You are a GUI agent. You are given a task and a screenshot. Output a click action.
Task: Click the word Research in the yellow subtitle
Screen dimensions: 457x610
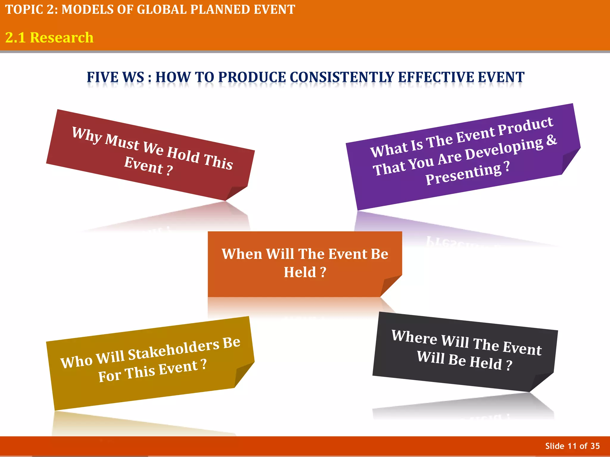pyautogui.click(x=62, y=38)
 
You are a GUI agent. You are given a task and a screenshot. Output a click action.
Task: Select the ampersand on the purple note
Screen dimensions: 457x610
pyautogui.click(x=551, y=140)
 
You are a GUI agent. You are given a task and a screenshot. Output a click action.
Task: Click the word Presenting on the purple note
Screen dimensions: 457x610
pyautogui.click(x=463, y=175)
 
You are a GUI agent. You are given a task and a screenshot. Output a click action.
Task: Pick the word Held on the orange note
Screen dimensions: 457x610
pyautogui.click(x=300, y=272)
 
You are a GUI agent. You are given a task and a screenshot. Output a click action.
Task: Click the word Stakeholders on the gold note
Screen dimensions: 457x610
pyautogui.click(x=174, y=350)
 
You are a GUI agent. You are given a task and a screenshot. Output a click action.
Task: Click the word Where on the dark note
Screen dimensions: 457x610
pyautogui.click(x=414, y=337)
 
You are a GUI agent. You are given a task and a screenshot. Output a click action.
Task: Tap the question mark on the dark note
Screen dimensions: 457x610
pyautogui.click(x=509, y=365)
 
